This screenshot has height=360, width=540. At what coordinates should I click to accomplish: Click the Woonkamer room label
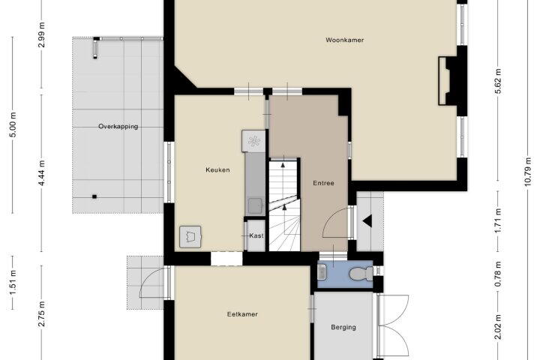coord(345,40)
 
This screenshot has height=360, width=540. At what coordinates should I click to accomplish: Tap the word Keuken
coord(217,169)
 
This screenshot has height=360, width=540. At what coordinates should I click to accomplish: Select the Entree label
coord(323,183)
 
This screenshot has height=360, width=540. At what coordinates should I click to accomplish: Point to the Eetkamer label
coord(242,314)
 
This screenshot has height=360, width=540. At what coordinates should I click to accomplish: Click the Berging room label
coord(343,327)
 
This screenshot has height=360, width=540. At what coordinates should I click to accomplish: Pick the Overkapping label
coord(118,127)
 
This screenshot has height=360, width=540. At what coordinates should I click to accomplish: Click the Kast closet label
coord(256,235)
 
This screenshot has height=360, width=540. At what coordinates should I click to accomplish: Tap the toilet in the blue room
coord(361,274)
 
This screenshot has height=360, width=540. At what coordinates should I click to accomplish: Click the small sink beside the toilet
coord(322,271)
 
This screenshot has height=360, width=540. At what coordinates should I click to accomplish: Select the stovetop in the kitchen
coord(253,141)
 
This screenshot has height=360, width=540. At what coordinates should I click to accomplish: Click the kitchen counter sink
coord(256,206)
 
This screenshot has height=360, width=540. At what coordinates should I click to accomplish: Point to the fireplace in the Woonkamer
coord(447,81)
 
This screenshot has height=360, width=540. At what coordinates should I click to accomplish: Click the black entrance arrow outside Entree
coord(367,221)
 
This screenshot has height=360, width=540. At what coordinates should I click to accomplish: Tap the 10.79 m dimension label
coord(528,172)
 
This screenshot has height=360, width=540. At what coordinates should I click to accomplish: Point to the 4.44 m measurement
coord(42,172)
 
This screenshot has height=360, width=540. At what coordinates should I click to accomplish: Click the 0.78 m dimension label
coord(498,274)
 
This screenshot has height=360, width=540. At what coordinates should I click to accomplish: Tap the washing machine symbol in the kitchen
coord(190,237)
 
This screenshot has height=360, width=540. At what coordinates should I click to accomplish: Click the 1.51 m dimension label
coord(13,283)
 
